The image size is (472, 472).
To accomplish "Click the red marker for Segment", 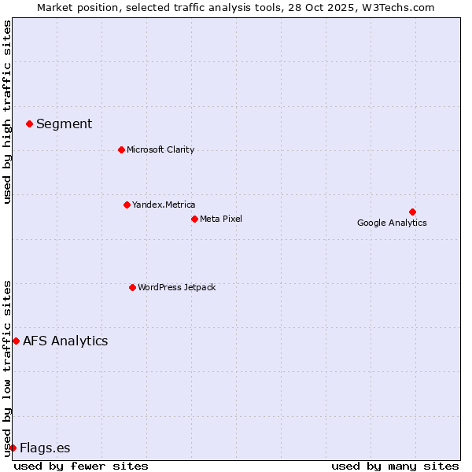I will click(29, 124).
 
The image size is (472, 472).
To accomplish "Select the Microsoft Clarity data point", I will click(121, 149).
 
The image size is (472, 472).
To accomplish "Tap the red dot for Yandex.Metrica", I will click(127, 205).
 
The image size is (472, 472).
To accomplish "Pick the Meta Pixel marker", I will click(194, 219).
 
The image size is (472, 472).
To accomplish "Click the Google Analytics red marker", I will click(412, 212).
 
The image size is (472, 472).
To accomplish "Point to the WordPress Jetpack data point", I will click(132, 287).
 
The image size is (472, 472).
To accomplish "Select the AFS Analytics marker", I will click(16, 341).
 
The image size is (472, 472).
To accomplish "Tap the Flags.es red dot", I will click(13, 448).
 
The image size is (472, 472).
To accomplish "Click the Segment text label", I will click(64, 124).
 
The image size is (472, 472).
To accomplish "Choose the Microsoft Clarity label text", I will click(160, 149).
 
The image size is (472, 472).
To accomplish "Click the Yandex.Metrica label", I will click(164, 205).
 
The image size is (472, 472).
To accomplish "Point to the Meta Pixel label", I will click(221, 219).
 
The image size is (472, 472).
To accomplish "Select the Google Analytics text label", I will click(392, 223).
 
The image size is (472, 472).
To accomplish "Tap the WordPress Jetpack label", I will click(176, 287).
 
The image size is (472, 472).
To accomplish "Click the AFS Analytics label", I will click(65, 341).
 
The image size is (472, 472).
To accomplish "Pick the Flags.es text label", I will click(45, 448).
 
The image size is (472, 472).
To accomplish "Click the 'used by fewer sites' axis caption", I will click(81, 466).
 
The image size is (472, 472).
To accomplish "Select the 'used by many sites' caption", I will click(395, 466).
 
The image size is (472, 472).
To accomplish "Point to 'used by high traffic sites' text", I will click(7, 112).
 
